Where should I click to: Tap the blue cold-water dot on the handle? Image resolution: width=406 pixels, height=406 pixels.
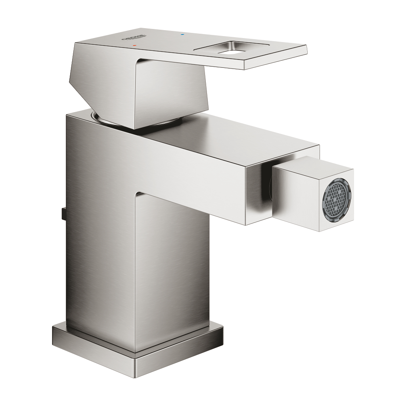tap(182, 35)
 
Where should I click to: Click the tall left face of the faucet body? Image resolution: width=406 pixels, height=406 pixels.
tap(99, 230)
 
